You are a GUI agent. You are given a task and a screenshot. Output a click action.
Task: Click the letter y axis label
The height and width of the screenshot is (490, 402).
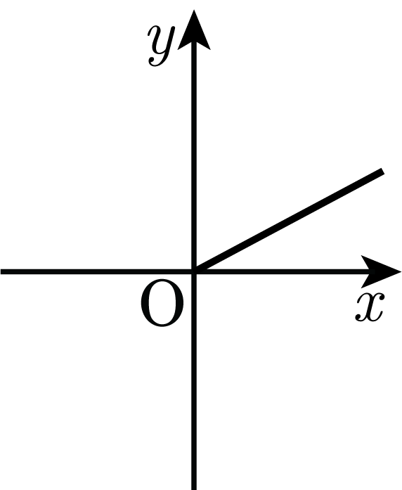(161, 45)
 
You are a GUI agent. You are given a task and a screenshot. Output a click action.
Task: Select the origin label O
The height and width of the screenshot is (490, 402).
(162, 303)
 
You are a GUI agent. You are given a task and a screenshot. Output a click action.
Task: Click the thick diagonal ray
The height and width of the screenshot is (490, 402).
(289, 221)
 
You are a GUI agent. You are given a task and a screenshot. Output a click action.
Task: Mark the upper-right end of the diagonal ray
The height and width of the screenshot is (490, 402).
(382, 171)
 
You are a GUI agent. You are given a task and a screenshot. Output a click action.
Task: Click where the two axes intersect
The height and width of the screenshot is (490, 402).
(194, 271)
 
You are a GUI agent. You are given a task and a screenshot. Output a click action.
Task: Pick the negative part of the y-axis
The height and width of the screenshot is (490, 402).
(194, 380)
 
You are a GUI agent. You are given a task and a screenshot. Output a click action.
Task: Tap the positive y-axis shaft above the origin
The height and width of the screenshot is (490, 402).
(194, 156)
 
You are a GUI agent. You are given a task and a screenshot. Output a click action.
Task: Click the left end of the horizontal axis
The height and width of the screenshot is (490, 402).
(1, 271)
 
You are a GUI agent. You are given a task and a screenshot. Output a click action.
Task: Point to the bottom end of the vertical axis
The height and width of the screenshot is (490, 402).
(194, 489)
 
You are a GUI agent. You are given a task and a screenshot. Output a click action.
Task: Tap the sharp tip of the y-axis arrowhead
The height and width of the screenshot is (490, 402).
(194, 10)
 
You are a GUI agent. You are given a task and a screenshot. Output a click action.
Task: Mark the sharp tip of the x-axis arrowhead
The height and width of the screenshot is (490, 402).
(401, 271)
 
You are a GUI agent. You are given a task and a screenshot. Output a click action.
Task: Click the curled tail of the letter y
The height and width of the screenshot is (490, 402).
(155, 62)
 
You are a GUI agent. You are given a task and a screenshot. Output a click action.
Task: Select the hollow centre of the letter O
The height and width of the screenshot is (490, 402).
(162, 303)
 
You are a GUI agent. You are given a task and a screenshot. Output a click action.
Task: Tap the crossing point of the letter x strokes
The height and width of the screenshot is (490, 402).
(370, 307)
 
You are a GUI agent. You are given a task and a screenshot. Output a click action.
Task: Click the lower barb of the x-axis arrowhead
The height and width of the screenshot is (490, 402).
(366, 283)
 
